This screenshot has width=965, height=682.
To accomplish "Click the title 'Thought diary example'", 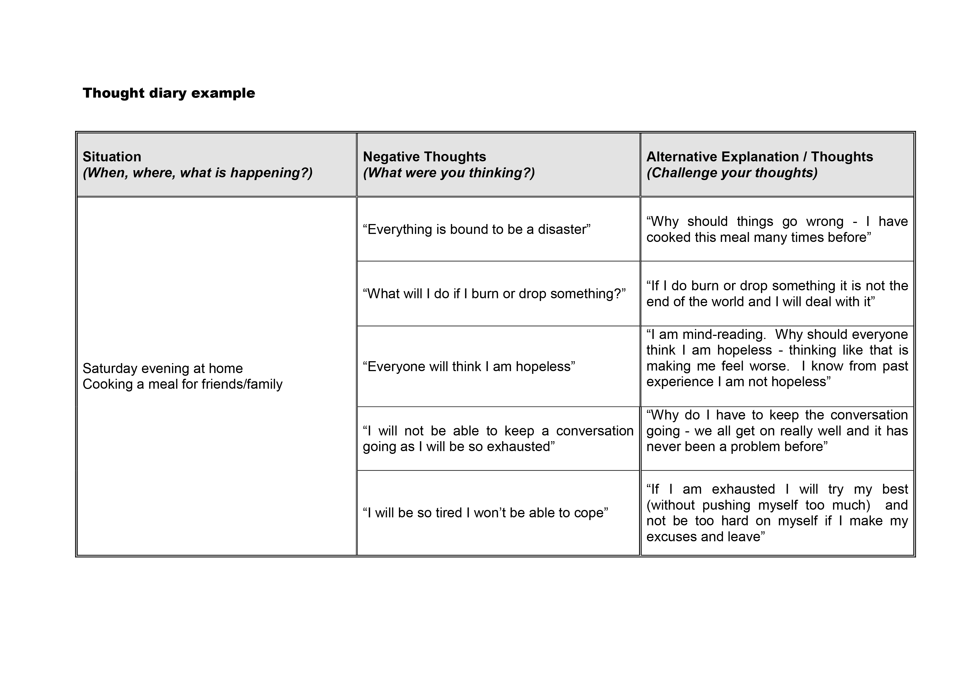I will pyautogui.click(x=169, y=93).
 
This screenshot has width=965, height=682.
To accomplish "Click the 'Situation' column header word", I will pyautogui.click(x=112, y=157).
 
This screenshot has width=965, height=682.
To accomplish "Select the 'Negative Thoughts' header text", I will pyautogui.click(x=424, y=157).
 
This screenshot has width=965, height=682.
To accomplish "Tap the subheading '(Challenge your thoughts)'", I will pyautogui.click(x=732, y=173).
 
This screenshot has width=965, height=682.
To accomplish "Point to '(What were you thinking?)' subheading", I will pyautogui.click(x=448, y=173).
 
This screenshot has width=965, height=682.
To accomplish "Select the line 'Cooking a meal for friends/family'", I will pyautogui.click(x=182, y=384).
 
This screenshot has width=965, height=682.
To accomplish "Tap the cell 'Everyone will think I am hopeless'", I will pyautogui.click(x=469, y=367).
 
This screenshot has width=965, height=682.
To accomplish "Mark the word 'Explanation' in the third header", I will pyautogui.click(x=760, y=157).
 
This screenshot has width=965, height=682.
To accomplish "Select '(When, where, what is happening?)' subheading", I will pyautogui.click(x=198, y=173).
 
